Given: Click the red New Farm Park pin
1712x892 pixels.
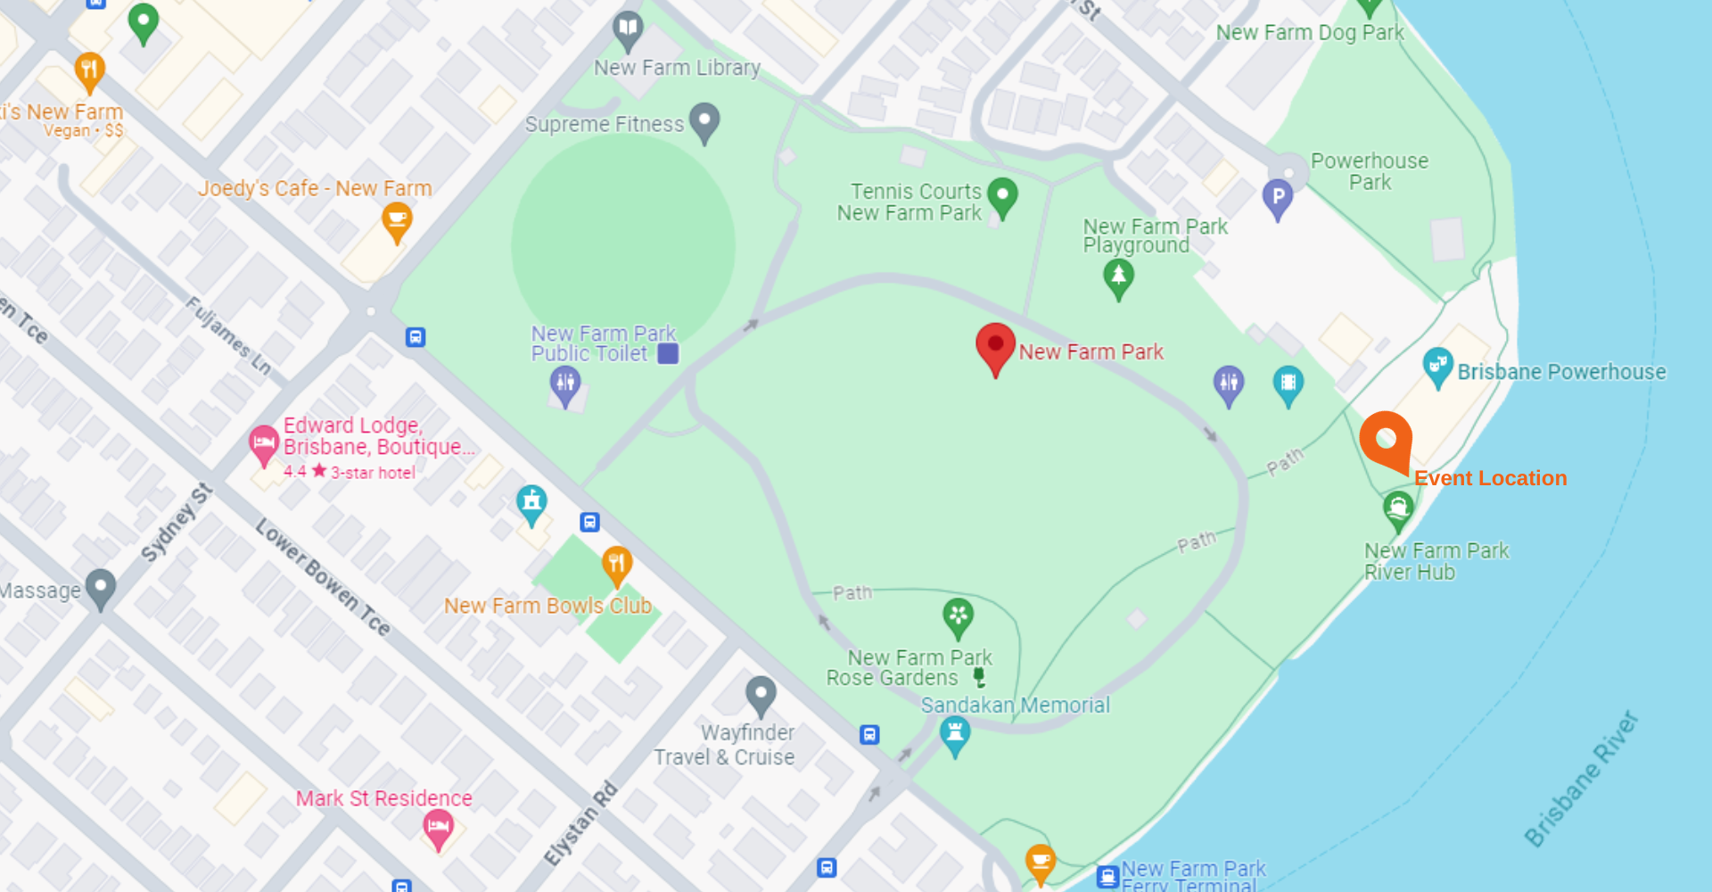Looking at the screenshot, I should click(x=995, y=347).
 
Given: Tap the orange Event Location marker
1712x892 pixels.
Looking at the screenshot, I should click(x=1386, y=440).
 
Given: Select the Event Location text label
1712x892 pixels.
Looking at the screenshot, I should click(x=1490, y=478).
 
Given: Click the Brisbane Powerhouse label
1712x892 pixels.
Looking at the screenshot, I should click(x=1561, y=372).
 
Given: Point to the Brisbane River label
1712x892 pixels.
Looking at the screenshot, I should click(x=1580, y=780).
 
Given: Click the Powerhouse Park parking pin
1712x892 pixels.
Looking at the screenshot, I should click(x=1277, y=198).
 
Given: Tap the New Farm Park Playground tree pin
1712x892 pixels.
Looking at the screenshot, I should click(x=1118, y=277).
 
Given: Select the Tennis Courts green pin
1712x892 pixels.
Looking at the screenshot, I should click(x=1002, y=195).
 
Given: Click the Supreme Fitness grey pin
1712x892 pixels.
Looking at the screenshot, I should click(x=704, y=121).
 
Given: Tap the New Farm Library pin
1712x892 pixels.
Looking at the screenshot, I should click(x=629, y=29).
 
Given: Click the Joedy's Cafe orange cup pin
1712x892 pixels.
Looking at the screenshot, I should click(x=397, y=220).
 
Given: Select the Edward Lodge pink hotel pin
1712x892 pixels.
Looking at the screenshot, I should click(x=264, y=443).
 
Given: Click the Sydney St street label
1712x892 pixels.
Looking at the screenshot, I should click(x=177, y=523).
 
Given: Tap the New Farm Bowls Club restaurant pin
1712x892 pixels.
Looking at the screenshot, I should click(x=617, y=565).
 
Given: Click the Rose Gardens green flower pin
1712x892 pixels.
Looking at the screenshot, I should click(x=958, y=616).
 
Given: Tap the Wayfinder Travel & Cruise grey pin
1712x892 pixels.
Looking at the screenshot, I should click(x=761, y=694).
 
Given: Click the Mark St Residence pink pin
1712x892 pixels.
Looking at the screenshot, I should click(x=438, y=829).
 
